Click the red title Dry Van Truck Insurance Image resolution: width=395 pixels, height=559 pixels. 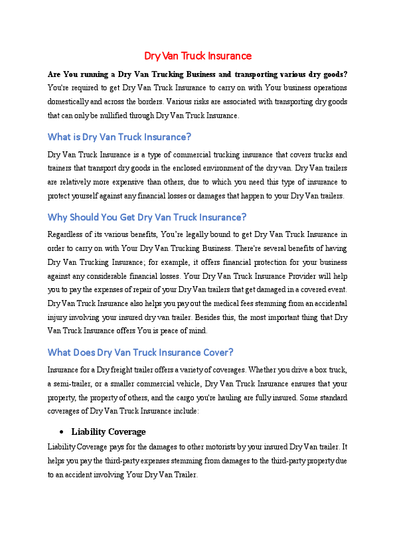tap(198, 56)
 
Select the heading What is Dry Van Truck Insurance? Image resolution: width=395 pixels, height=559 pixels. tap(119, 137)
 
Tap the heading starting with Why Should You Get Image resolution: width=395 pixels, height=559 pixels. tap(147, 216)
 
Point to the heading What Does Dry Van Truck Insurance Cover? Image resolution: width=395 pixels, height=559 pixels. tap(140, 352)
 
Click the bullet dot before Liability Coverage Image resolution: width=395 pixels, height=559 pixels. tap(62, 432)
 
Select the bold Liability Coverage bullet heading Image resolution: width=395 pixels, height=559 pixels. tap(108, 432)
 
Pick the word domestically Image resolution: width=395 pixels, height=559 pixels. tap(69, 102)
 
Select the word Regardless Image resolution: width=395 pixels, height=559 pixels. tap(66, 234)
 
